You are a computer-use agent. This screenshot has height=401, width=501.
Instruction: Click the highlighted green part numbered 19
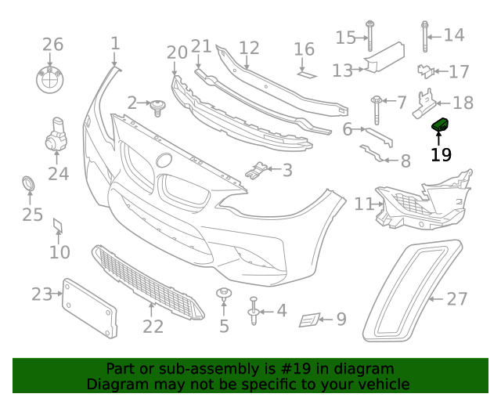pos(440,125)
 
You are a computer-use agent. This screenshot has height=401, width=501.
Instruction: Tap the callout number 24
pos(58,174)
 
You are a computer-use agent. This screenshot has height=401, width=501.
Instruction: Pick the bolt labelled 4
pos(254,309)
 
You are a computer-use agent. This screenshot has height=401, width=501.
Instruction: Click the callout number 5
pos(225,325)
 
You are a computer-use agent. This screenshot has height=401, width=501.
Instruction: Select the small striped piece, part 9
pos(310,320)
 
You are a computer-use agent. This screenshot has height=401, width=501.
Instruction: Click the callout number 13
pos(343,71)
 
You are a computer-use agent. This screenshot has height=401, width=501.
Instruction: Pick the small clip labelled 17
pos(425,71)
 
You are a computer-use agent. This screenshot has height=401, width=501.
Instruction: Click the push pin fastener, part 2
pos(160,106)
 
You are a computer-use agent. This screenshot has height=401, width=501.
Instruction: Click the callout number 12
pos(249,48)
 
